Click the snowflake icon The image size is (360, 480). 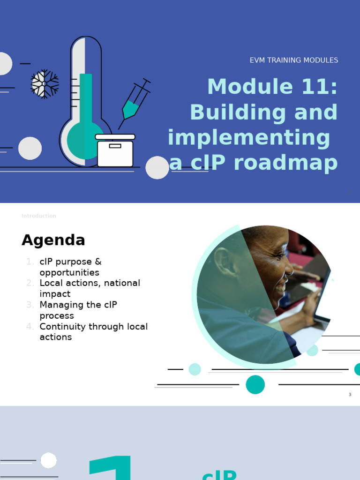point(45,84)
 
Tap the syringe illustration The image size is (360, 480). point(134,103)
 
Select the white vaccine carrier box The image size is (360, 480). point(115,151)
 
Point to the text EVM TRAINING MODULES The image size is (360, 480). point(293,60)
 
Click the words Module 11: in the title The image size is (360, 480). point(272,87)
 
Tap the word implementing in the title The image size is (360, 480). point(248,138)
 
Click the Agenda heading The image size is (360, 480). point(53,240)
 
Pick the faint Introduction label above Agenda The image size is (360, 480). point(38,216)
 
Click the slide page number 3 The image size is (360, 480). point(350,395)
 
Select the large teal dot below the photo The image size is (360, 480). point(255,384)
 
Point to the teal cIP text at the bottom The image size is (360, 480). point(219,474)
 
